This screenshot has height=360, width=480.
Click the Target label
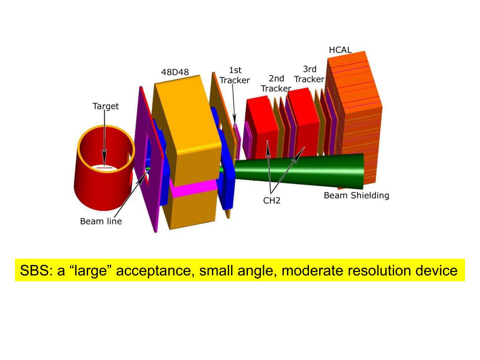[x=105, y=106]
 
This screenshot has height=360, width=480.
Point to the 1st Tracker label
[x=234, y=75]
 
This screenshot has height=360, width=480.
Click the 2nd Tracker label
[x=277, y=83]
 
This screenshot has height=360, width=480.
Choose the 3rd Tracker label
[x=309, y=74]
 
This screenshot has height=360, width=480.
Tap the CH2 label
[x=271, y=200]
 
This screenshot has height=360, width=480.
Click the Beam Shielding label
[x=356, y=195]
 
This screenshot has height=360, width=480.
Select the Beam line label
[x=101, y=221]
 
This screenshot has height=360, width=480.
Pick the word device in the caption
[x=437, y=271]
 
